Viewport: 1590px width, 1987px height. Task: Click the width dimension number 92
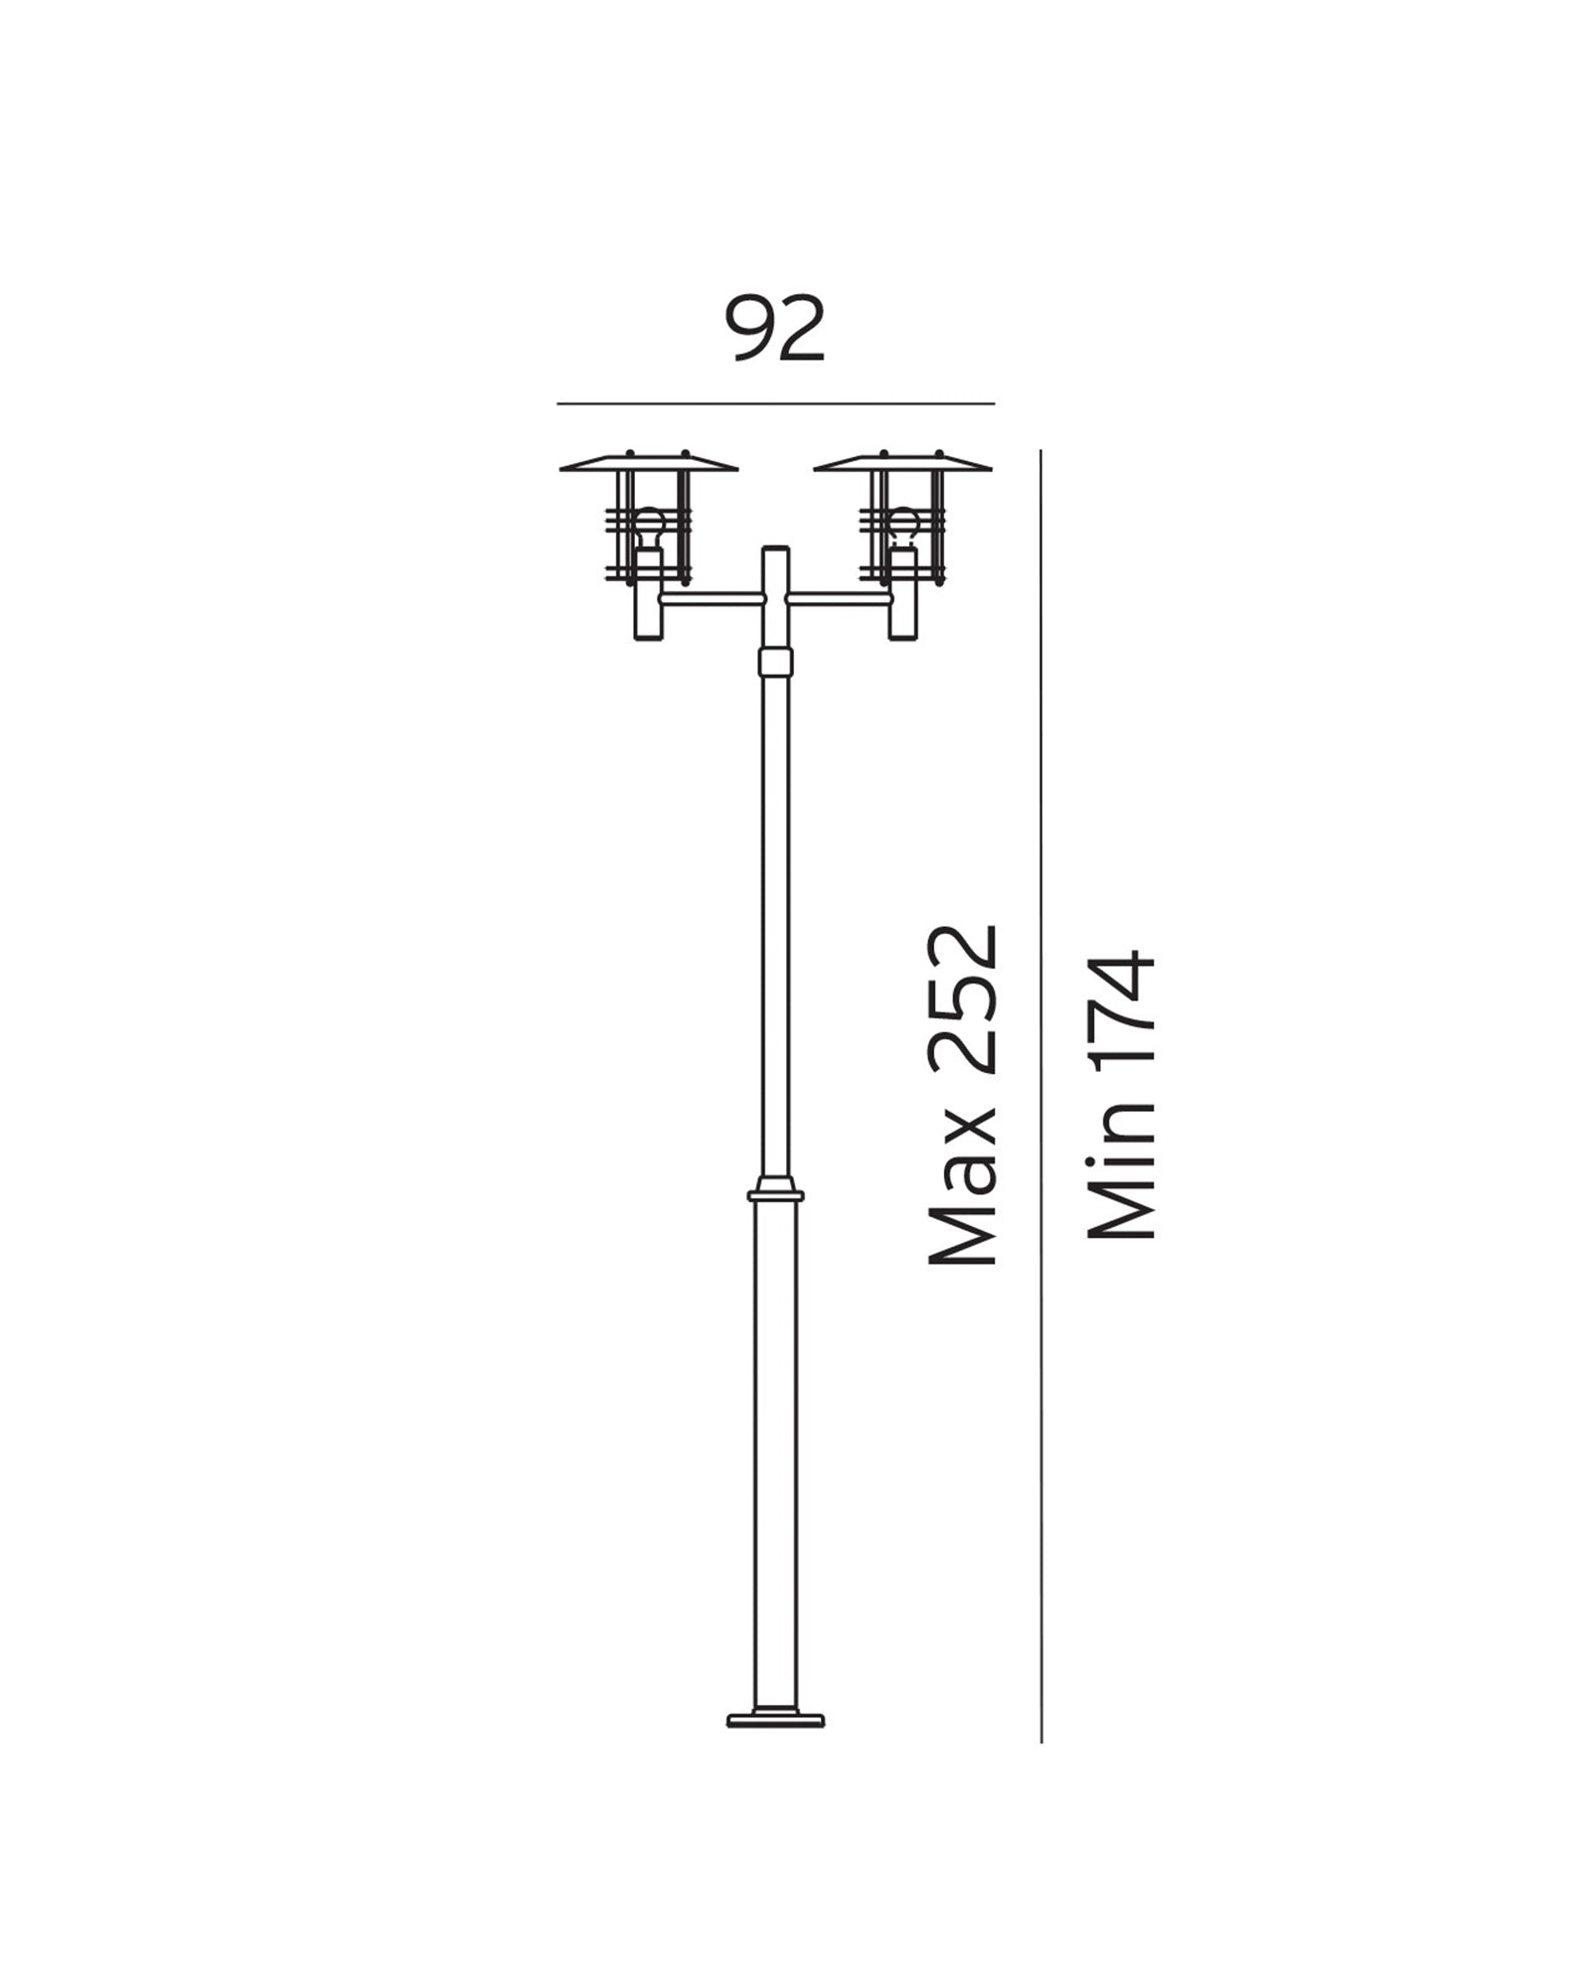(776, 329)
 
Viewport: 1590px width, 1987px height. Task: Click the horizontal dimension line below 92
(775, 404)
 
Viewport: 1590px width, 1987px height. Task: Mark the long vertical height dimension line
(1040, 1093)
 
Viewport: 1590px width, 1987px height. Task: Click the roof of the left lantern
(649, 463)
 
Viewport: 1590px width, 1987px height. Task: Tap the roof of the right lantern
(902, 463)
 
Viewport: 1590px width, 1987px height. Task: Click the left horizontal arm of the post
(711, 598)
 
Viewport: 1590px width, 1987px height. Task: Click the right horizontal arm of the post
(838, 598)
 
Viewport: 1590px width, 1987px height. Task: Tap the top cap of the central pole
(775, 549)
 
